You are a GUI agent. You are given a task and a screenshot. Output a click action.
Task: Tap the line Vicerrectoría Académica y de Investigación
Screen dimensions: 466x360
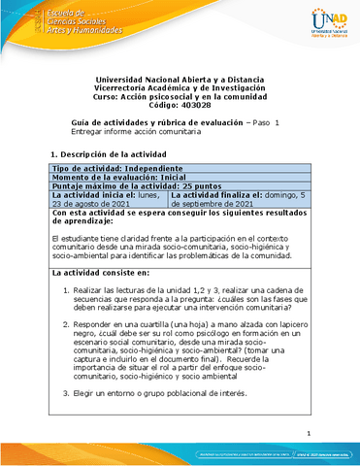pyautogui.click(x=180, y=88)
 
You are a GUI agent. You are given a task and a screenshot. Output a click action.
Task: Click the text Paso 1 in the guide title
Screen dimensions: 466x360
pyautogui.click(x=266, y=122)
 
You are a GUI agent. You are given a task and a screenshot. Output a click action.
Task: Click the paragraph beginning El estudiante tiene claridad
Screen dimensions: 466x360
pyautogui.click(x=180, y=246)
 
